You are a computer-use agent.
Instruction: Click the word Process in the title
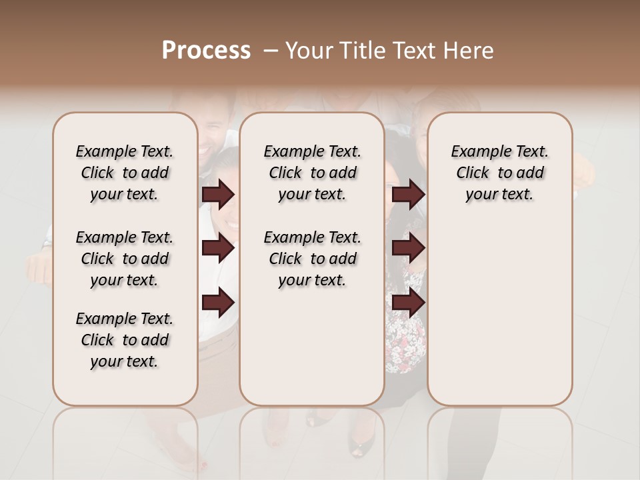click(206, 51)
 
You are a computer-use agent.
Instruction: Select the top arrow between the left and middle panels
click(218, 195)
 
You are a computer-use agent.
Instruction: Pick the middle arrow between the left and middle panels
click(218, 249)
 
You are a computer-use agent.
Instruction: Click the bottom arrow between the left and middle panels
click(218, 302)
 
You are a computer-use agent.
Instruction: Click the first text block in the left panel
click(125, 173)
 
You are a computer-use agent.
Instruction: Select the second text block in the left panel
click(125, 259)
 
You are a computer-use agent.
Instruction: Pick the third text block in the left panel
click(125, 340)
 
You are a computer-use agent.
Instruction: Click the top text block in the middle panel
click(312, 173)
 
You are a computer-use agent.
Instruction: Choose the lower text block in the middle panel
click(312, 259)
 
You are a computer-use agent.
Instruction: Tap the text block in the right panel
click(499, 173)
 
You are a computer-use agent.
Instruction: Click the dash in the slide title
click(271, 51)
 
